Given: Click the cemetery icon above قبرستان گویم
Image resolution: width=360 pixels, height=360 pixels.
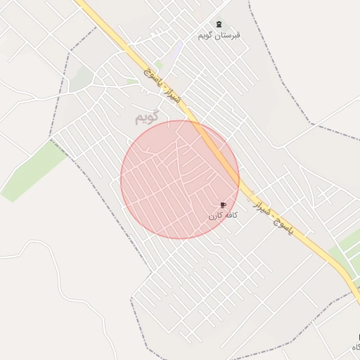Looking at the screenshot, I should click(x=218, y=25).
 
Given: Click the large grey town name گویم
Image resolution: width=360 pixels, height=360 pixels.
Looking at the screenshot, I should click(x=148, y=116).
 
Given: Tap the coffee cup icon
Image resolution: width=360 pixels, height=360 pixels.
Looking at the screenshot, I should click(x=223, y=205).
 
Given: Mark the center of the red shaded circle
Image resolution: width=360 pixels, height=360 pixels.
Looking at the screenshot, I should click(x=180, y=180).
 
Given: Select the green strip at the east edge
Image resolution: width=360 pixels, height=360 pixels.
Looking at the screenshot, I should click(x=347, y=249).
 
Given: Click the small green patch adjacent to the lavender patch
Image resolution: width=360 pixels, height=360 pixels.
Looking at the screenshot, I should click(x=160, y=65).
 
